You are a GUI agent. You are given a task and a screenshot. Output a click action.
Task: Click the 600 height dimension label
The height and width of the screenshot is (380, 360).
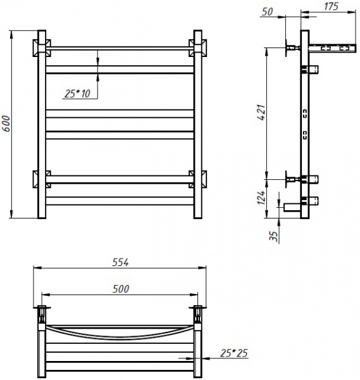pos(6,123)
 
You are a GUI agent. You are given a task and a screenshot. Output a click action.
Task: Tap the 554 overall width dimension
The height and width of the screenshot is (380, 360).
pos(120,262)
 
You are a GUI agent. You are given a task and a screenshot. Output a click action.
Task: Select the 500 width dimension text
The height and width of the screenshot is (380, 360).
pos(121,289)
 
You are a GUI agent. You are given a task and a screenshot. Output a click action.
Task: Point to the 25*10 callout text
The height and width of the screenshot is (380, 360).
pos(77,94)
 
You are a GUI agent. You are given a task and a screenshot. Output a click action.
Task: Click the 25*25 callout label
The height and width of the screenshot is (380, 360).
pos(234,353)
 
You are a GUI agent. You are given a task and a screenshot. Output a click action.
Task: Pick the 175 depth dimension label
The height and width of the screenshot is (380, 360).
pos(331,6)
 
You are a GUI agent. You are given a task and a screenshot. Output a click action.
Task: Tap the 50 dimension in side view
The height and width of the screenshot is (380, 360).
pos(267,11)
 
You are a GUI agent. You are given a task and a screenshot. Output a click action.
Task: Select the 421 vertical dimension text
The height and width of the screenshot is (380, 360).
pos(262,113)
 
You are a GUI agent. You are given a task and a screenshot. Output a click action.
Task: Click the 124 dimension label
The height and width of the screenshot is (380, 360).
pos(262,198)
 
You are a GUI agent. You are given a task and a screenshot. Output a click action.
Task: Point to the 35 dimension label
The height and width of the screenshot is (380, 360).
pos(273,236)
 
